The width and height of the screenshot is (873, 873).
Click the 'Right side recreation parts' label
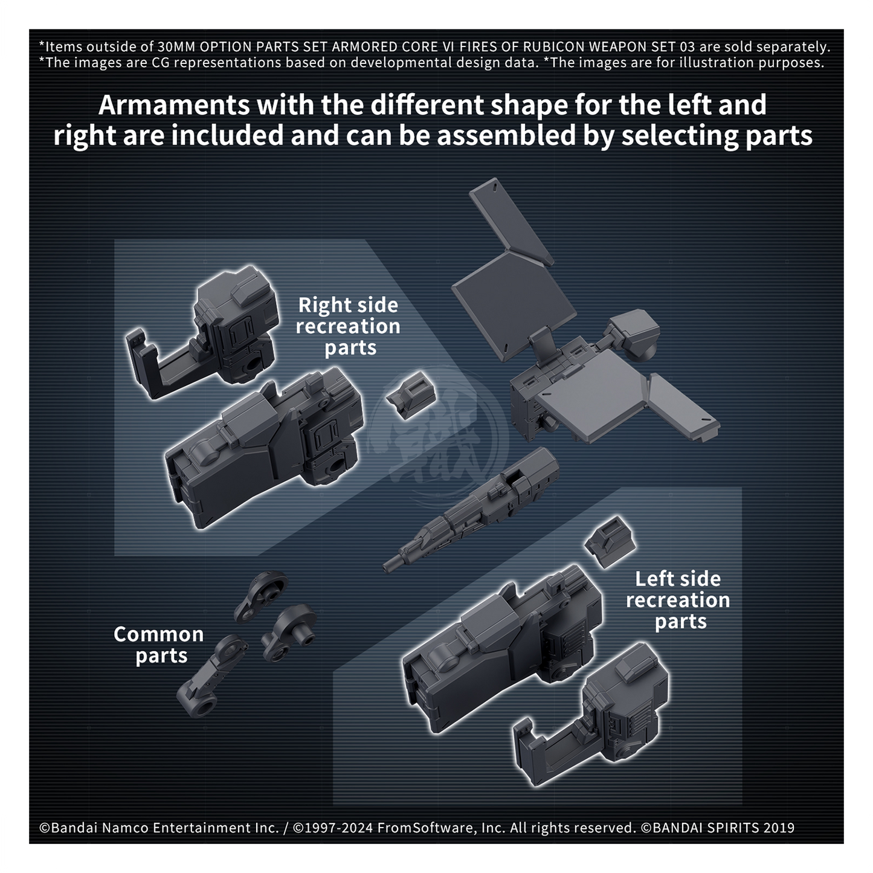pos(348,326)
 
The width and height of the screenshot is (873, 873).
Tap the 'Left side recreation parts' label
pos(678,600)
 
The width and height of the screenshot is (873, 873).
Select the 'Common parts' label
pos(158,645)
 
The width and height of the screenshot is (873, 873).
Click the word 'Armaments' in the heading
pos(173,105)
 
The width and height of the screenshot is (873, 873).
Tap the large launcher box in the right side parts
pos(263,446)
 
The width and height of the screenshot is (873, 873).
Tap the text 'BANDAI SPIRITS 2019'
pos(723,828)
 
